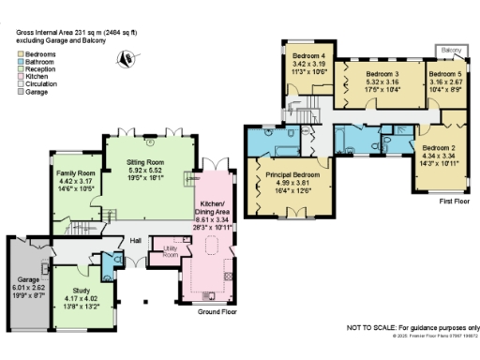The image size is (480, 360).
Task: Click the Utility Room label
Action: pyautogui.click(x=170, y=252)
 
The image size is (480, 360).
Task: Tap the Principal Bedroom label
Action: pyautogui.click(x=292, y=175)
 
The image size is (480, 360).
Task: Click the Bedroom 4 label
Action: pyautogui.click(x=309, y=57)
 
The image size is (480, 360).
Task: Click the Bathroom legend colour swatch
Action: pyautogui.click(x=20, y=62)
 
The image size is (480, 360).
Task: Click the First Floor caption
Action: pyautogui.click(x=458, y=201)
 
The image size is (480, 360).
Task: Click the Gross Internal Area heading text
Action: pyautogui.click(x=76, y=31)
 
